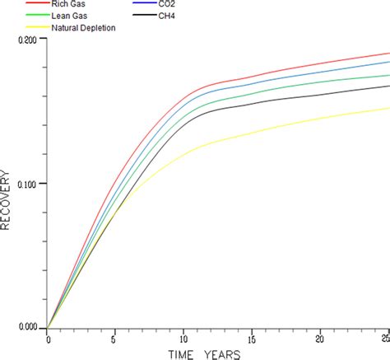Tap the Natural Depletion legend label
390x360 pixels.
(84, 27)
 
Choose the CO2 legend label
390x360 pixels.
(175, 4)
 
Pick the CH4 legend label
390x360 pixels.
(175, 15)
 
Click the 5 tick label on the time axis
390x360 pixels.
(115, 339)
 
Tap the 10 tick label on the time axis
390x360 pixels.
(183, 339)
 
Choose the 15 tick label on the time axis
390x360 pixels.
(252, 339)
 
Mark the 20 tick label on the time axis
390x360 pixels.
(320, 339)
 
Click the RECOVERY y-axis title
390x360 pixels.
(7, 200)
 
